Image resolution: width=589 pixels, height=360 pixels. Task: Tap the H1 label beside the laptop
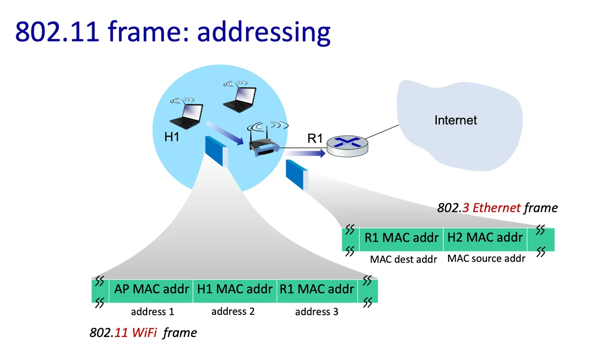click(x=172, y=137)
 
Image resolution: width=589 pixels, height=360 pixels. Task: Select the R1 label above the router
click(x=315, y=138)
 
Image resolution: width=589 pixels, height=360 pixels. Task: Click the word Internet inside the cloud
click(x=455, y=120)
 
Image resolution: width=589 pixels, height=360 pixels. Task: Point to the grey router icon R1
click(x=348, y=145)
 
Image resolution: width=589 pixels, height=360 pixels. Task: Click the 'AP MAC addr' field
click(x=152, y=289)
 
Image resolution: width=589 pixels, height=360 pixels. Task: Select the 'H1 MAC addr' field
click(x=235, y=289)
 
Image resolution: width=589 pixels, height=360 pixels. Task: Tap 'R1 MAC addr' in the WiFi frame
click(x=317, y=289)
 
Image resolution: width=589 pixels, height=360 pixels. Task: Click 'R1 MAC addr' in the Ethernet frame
click(x=402, y=238)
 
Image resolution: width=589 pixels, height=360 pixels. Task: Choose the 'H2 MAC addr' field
click(x=484, y=238)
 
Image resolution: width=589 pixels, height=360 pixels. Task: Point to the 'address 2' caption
click(x=233, y=311)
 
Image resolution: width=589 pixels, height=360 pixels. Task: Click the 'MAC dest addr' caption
click(x=403, y=259)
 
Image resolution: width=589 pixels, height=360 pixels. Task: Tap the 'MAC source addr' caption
click(x=486, y=258)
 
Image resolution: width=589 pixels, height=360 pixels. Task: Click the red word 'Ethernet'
click(x=496, y=208)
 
